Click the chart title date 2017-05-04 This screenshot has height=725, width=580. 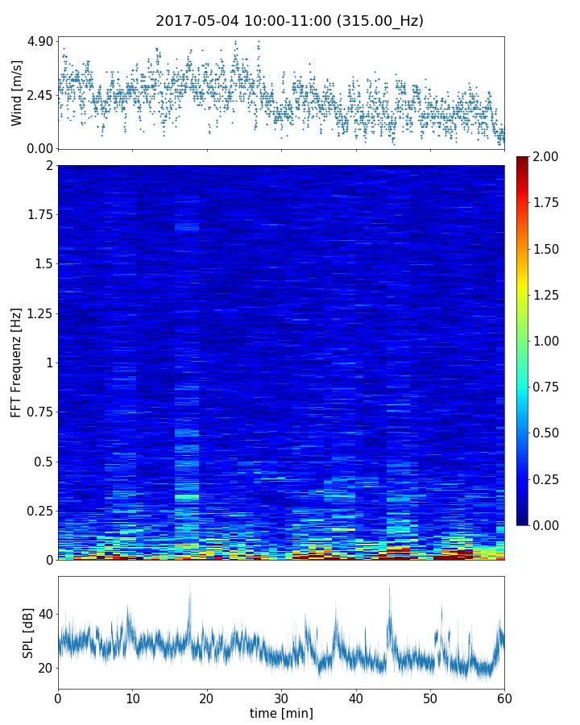coord(193,21)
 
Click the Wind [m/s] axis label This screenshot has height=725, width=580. coord(17,93)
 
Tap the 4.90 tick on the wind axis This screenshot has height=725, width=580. coord(39,41)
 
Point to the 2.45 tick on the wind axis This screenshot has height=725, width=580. coord(39,95)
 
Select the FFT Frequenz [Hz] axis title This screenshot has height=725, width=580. coord(17,362)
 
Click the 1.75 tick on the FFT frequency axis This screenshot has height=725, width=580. coord(39,215)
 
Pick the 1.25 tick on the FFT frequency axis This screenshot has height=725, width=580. coord(39,313)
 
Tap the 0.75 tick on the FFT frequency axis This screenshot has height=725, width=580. coord(39,412)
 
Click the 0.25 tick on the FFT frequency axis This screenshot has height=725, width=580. coord(39,511)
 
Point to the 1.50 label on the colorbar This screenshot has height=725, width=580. coord(550,249)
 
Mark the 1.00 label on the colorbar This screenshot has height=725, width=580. coord(550,341)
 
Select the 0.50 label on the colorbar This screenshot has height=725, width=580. coord(550,433)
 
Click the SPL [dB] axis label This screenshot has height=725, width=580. coord(28,632)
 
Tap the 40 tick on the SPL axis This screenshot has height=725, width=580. coord(45,614)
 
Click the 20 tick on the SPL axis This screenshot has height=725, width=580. coord(45,668)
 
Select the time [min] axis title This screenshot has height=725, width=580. coord(281,713)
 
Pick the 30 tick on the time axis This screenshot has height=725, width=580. coord(281,698)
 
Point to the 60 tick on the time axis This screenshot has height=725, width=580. coord(504,698)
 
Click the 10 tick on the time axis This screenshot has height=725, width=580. coord(132,698)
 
